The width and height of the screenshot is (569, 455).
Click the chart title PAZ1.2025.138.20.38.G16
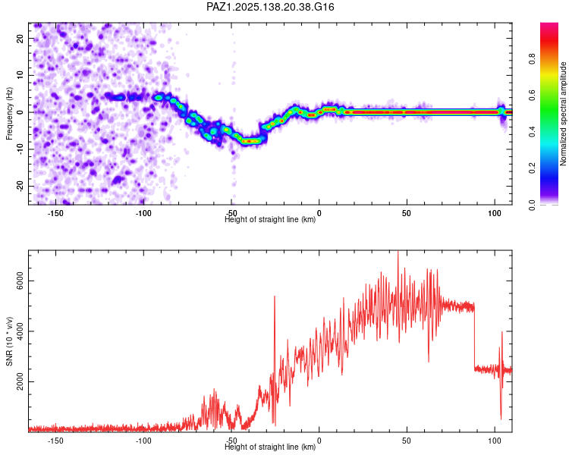270,7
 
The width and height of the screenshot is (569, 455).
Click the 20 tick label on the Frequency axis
20,38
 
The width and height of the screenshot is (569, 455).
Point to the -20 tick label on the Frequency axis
20,186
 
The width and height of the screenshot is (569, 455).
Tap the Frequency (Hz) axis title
9,113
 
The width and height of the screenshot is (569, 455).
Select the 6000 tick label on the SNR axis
20,281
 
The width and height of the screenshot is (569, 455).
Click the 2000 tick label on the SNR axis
20,381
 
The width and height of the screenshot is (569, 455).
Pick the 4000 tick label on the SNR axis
20,331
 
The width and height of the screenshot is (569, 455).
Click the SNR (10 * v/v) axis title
9,341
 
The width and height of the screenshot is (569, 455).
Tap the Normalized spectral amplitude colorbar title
563,114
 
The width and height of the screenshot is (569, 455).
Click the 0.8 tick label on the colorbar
532,59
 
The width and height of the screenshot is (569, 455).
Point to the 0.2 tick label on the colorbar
532,168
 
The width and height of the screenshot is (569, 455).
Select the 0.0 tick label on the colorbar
532,205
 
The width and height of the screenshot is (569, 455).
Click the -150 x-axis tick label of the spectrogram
55,213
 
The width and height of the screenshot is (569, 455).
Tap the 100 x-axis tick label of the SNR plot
495,441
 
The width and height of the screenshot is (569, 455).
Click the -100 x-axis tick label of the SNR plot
143,441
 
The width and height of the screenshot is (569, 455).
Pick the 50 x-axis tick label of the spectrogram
407,213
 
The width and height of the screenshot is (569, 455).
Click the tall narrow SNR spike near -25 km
275,359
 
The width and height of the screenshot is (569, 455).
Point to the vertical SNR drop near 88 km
474,337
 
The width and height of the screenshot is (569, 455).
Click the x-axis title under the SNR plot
270,447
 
